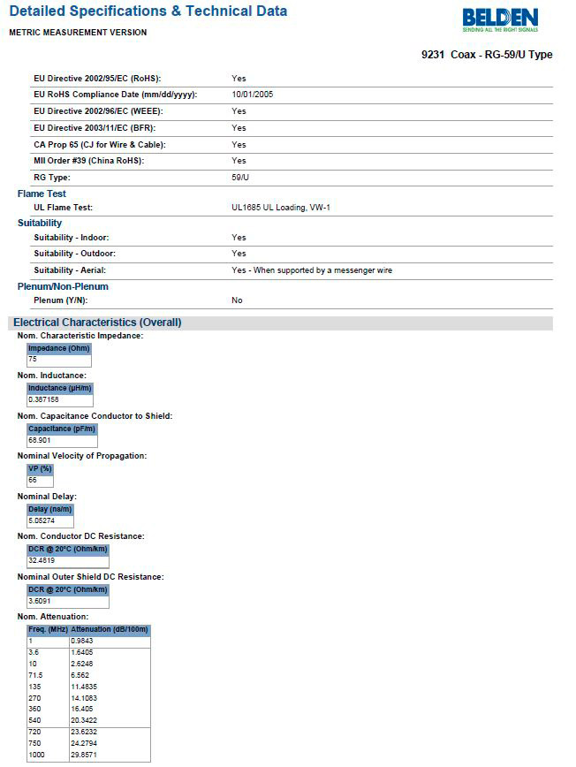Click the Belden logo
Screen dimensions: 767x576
pyautogui.click(x=499, y=19)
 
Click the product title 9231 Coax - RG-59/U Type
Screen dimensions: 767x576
pyautogui.click(x=487, y=55)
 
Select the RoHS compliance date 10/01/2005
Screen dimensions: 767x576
pyautogui.click(x=254, y=95)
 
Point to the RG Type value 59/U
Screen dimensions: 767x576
pyautogui.click(x=240, y=177)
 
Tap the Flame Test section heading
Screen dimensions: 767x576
pyautogui.click(x=42, y=194)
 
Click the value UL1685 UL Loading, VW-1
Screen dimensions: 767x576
pyautogui.click(x=281, y=208)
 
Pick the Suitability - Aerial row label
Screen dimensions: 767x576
pyautogui.click(x=76, y=270)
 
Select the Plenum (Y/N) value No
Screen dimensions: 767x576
pyautogui.click(x=237, y=300)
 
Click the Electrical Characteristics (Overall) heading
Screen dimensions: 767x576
pyautogui.click(x=97, y=323)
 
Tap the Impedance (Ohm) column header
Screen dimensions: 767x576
pyautogui.click(x=59, y=348)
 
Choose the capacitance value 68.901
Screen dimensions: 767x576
pyautogui.click(x=41, y=440)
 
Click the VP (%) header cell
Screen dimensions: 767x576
pyautogui.click(x=40, y=468)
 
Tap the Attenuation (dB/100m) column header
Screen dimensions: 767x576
pyautogui.click(x=110, y=629)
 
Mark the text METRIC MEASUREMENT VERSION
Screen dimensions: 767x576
pyautogui.click(x=78, y=33)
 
